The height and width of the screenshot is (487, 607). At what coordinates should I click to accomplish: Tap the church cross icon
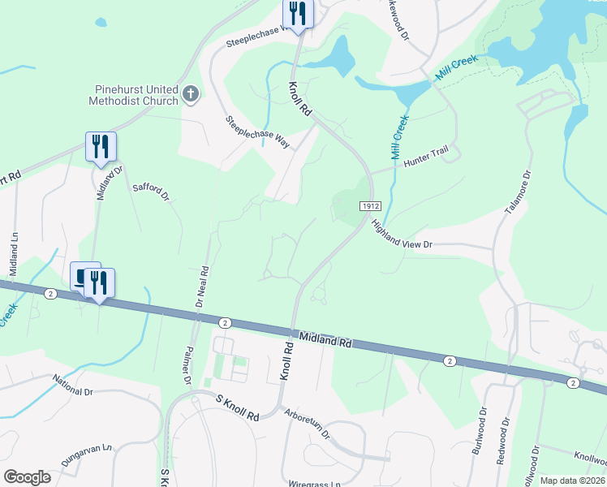pos(191,93)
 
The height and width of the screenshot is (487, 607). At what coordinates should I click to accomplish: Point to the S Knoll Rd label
pos(237,407)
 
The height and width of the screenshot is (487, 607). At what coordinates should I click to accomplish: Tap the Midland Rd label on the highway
pos(325,340)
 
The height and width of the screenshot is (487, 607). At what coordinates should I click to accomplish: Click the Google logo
pos(28,477)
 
